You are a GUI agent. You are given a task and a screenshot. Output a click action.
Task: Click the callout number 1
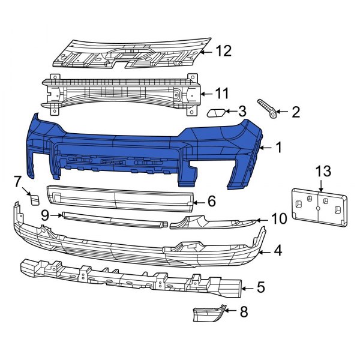(278, 146)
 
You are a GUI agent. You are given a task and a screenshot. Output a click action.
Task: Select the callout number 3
(242, 111)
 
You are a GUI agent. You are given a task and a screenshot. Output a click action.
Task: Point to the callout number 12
(223, 52)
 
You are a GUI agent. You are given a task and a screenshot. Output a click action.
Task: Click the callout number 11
(223, 93)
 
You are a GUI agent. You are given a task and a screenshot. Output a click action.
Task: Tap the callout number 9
(45, 214)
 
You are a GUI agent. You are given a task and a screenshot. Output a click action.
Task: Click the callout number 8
(243, 312)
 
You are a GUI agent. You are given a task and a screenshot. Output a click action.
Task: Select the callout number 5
(260, 288)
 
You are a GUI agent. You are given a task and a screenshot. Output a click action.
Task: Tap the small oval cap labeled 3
(216, 112)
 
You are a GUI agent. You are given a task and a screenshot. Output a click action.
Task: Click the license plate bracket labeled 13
(318, 207)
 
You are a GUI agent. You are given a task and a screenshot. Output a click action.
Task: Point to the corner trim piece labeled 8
(209, 314)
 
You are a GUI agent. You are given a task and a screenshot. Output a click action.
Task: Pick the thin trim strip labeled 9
(114, 218)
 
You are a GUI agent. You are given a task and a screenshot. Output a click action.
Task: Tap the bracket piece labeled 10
(210, 224)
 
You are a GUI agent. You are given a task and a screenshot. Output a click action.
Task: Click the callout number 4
(278, 250)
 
